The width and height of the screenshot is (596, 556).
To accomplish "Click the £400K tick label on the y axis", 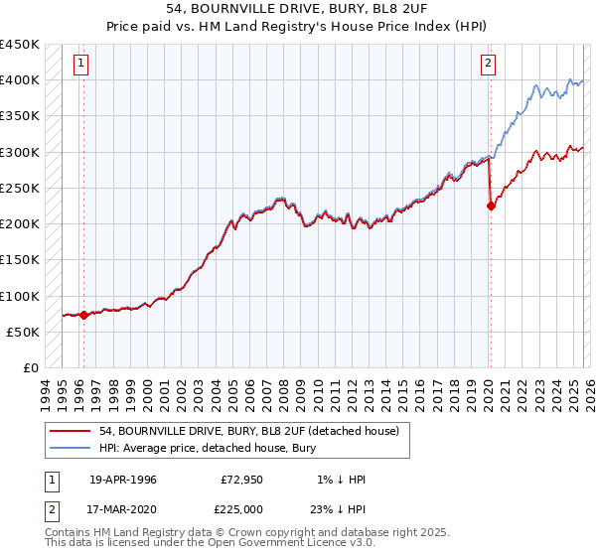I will tap(20, 80).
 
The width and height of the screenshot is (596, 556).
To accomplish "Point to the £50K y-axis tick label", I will tap(24, 332).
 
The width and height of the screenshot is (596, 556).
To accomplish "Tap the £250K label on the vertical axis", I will tap(20, 188).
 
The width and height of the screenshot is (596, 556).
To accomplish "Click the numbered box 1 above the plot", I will tap(79, 66).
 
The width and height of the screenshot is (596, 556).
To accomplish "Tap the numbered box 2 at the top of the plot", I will tap(489, 66).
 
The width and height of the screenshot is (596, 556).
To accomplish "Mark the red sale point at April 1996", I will tap(83, 315).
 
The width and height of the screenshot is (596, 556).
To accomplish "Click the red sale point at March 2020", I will tap(491, 207).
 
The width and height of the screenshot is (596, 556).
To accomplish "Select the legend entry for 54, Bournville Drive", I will tap(248, 431).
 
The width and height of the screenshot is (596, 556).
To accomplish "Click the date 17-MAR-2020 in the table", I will tap(122, 509).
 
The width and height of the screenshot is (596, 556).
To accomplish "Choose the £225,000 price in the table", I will tap(241, 509).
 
